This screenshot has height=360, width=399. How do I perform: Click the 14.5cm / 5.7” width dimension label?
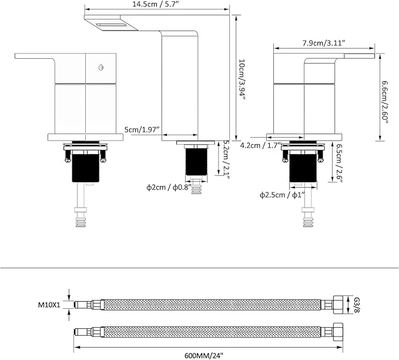pos(156,4)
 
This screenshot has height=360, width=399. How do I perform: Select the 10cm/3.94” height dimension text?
pos(242,80)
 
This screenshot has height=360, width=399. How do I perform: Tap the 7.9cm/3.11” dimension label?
pos(324,43)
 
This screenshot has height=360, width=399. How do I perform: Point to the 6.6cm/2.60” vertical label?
pos(385,102)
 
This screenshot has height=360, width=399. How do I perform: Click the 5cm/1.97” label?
pos(142,129)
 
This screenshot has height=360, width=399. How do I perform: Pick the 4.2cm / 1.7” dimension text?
pos(260,145)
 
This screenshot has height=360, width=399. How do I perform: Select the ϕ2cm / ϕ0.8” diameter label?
pos(169,188)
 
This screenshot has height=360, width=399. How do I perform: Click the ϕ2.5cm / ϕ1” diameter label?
pos(282,195)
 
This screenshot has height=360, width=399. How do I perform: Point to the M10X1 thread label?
pos(49,305)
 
